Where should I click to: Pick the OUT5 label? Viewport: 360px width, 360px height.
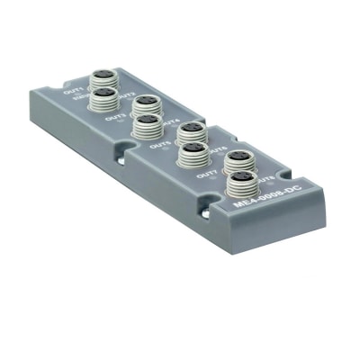click(x=160, y=143)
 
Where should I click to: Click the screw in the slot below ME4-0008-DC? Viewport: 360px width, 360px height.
click(x=210, y=211)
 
